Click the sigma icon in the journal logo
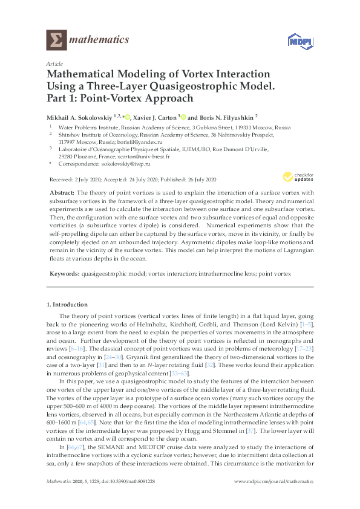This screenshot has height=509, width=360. pyautogui.click(x=56, y=41)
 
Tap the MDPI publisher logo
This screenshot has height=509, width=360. pyautogui.click(x=295, y=41)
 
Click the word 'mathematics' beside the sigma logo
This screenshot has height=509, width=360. pyautogui.click(x=100, y=41)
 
